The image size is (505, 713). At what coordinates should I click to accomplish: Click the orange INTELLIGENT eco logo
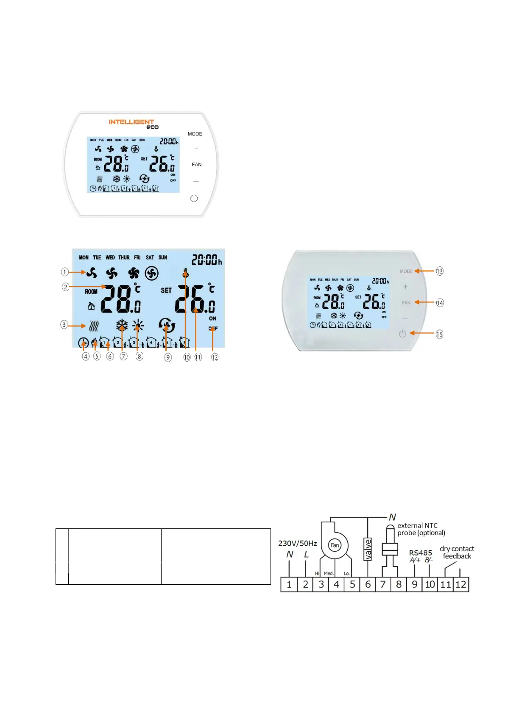click(x=133, y=124)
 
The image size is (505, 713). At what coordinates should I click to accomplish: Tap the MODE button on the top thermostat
click(x=195, y=134)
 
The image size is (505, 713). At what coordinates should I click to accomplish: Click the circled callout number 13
click(x=440, y=271)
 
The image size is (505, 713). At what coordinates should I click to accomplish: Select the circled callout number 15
click(x=440, y=334)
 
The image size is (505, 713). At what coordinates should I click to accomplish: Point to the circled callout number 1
click(x=65, y=272)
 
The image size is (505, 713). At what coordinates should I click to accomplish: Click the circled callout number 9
click(x=168, y=357)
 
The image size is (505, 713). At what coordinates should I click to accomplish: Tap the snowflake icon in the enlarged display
click(x=122, y=326)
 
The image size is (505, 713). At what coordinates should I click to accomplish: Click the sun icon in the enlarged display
click(x=138, y=326)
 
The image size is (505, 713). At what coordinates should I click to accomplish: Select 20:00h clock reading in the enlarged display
click(x=206, y=260)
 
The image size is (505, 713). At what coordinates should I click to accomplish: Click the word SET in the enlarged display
click(x=166, y=290)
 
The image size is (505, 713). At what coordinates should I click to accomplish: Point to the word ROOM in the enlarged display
click(x=91, y=292)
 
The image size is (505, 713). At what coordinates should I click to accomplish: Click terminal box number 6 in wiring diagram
click(x=368, y=585)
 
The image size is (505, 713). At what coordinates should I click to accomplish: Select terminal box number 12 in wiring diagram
click(x=461, y=585)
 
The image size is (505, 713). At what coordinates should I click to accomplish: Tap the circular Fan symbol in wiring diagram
click(x=335, y=545)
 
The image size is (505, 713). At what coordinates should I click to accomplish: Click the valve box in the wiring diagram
click(x=368, y=549)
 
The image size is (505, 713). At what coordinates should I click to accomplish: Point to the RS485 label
click(x=420, y=553)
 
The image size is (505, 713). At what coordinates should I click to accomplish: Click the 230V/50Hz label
click(x=298, y=543)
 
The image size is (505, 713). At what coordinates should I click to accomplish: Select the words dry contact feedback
click(x=457, y=553)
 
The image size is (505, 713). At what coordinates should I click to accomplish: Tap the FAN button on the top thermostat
click(x=196, y=164)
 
